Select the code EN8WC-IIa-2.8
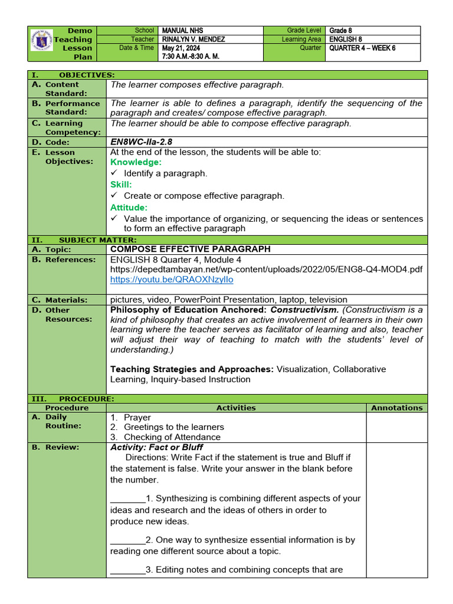[x=141, y=142]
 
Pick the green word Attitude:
[x=129, y=208]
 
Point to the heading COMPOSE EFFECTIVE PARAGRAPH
[x=191, y=249]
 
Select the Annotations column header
[x=396, y=408]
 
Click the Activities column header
[x=236, y=408]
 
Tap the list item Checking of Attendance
[x=172, y=437]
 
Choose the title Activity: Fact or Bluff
[x=156, y=447]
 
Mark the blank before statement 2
[x=127, y=540]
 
